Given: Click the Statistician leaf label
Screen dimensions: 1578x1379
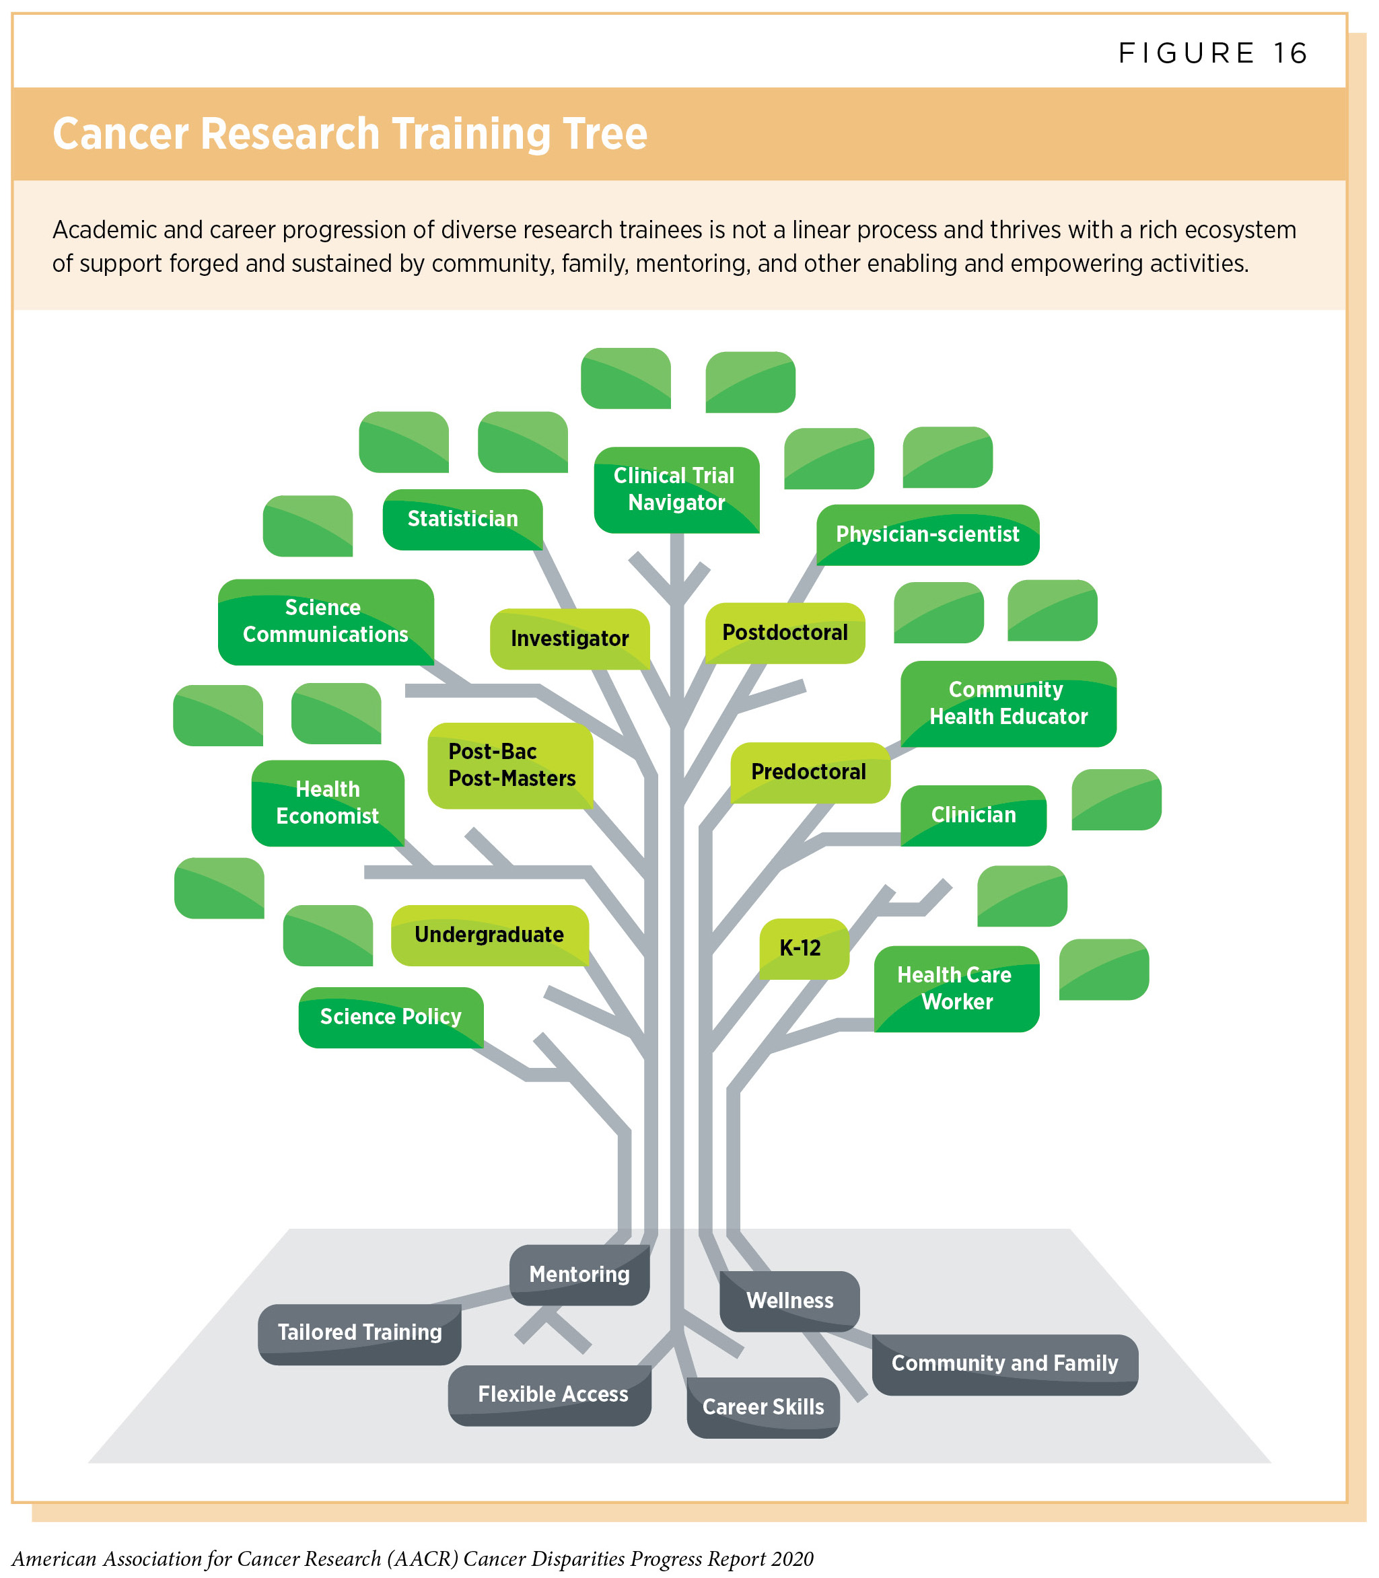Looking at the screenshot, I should (462, 519).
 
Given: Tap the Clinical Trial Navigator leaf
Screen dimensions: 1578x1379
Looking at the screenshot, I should (676, 489).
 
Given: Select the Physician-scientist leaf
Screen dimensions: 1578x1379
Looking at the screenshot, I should (927, 535).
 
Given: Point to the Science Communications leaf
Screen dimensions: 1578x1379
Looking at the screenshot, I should (326, 622).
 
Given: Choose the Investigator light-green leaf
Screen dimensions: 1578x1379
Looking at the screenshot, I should (569, 639).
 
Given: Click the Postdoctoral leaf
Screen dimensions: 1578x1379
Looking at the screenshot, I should (785, 633).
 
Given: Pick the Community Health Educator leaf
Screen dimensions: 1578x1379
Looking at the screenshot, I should (1008, 703).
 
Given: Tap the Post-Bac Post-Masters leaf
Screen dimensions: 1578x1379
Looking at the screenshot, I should (511, 764).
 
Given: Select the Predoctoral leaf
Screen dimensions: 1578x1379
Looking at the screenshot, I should (809, 772).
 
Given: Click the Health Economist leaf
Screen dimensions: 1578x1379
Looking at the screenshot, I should (328, 803).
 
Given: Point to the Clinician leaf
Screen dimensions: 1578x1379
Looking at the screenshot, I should (973, 815).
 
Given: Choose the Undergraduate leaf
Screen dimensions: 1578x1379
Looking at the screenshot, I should (489, 935).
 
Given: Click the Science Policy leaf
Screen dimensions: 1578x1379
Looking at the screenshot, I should (391, 1017).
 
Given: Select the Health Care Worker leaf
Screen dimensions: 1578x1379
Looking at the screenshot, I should (956, 989).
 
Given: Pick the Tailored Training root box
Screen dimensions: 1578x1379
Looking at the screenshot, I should (359, 1332).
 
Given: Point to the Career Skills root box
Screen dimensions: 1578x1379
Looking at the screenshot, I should (763, 1406).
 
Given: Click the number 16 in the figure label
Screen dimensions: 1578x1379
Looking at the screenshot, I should (1289, 53).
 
